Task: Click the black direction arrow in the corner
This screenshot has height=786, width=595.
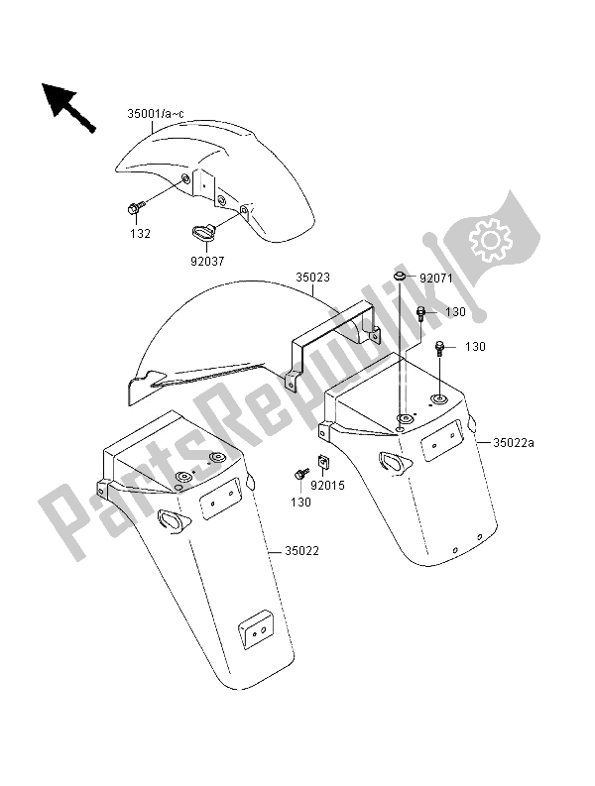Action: pos(67,107)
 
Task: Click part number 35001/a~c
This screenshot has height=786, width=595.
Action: pos(156,114)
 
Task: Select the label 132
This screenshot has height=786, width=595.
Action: pos(141,234)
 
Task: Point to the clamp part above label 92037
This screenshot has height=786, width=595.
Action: pos(203,233)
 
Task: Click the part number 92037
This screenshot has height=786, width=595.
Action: pos(206,261)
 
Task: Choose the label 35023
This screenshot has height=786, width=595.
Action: pos(312,278)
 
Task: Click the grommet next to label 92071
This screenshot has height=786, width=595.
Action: pos(400,276)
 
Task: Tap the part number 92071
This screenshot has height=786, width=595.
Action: pos(436,279)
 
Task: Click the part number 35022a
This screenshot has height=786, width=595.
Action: pos(514,443)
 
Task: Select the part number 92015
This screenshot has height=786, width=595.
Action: pos(327,486)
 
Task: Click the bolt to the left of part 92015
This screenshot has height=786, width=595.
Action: pos(302,474)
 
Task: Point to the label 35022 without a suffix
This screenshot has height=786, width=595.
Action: pos(302,551)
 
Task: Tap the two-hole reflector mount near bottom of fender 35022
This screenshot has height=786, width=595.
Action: pos(257,630)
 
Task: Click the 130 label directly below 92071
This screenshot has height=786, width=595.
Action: pos(455,312)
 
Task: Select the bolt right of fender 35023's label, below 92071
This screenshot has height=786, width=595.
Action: pos(420,315)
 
